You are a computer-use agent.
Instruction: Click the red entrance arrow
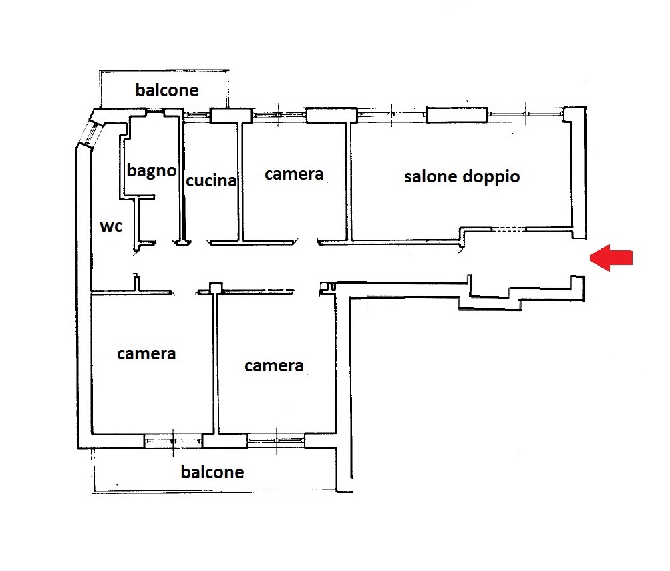[611, 258]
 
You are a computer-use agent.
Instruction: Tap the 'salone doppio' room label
[462, 177]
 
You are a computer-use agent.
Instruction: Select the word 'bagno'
[152, 171]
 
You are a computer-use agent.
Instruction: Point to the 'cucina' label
[211, 181]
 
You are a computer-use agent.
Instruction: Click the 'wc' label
[111, 226]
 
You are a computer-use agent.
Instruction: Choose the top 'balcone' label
[167, 90]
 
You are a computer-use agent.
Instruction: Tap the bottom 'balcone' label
[212, 472]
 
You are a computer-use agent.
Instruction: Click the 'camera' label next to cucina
[294, 174]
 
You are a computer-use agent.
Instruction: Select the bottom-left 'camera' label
[146, 354]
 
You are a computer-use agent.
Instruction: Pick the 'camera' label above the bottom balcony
[274, 366]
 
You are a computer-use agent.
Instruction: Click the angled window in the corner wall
[92, 132]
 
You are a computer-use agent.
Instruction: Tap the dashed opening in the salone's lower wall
[508, 230]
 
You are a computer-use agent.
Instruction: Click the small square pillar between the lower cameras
[216, 288]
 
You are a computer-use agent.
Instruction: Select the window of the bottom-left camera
[172, 441]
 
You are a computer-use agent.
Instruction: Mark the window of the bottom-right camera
[276, 441]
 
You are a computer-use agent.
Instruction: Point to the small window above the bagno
[156, 112]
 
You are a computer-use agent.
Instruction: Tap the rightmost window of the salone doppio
[526, 114]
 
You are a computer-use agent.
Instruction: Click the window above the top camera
[279, 114]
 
